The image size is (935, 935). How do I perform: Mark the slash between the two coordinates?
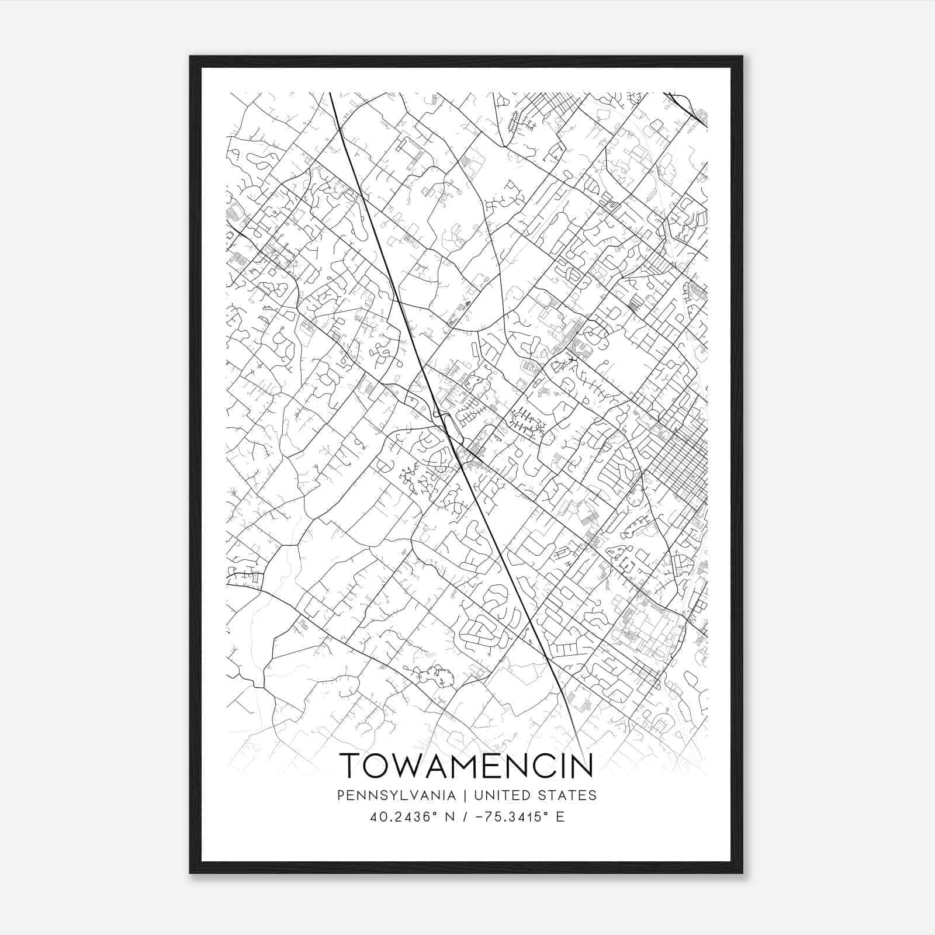click(465, 816)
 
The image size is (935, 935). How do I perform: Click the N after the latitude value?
click(449, 816)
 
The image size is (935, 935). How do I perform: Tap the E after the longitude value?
click(560, 816)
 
